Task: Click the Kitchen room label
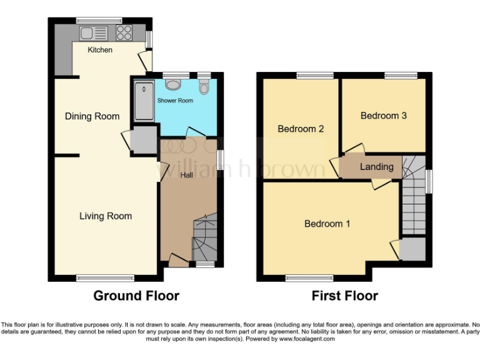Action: pyautogui.click(x=100, y=50)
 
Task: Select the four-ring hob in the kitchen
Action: pyautogui.click(x=124, y=32)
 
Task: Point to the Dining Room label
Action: pyautogui.click(x=92, y=116)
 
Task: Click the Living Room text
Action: pyautogui.click(x=106, y=216)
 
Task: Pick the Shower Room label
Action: pyautogui.click(x=179, y=101)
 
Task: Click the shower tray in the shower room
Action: pyautogui.click(x=144, y=101)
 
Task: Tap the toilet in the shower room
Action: pyautogui.click(x=204, y=87)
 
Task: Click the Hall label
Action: pyautogui.click(x=186, y=176)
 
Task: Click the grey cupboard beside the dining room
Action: pyautogui.click(x=144, y=139)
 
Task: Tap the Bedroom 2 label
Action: pyautogui.click(x=301, y=129)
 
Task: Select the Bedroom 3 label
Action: pyautogui.click(x=384, y=116)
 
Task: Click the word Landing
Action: pyautogui.click(x=377, y=167)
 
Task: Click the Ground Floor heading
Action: pyautogui.click(x=136, y=296)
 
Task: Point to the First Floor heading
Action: pyautogui.click(x=345, y=296)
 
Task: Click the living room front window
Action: pyautogui.click(x=105, y=277)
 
